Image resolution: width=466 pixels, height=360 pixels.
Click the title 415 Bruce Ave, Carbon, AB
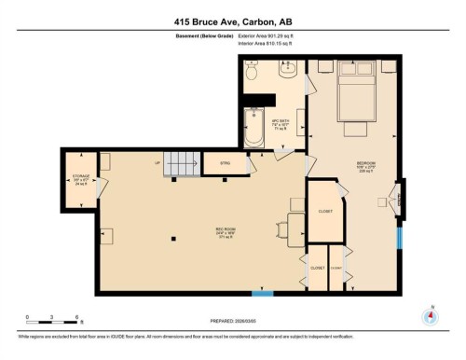pos(232,20)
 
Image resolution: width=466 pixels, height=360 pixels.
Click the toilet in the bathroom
pos(253,71)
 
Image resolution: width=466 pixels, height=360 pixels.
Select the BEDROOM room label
pos(366,165)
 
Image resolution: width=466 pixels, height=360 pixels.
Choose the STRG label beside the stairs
pos(225,162)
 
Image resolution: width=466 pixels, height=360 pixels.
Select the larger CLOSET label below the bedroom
pos(324,211)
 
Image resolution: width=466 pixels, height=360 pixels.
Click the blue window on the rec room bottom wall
pos(264,294)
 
